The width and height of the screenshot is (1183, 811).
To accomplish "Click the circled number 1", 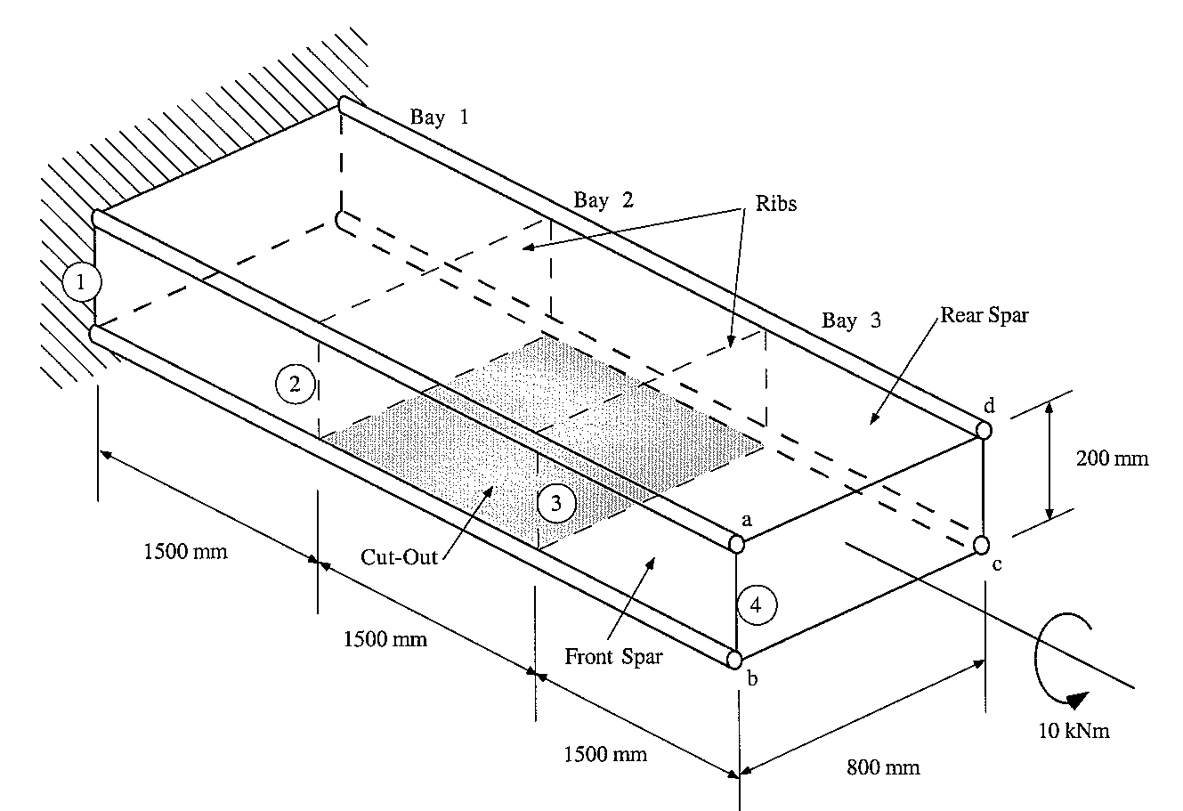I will [82, 282].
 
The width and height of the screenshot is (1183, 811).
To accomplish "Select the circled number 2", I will [295, 384].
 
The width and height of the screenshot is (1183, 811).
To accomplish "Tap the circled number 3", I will [556, 504].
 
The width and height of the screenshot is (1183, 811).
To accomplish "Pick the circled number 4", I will [756, 605].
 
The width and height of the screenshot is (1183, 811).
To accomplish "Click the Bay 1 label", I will [438, 117].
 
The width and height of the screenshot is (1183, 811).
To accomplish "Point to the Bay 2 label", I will [604, 199].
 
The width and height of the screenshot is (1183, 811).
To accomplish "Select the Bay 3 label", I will [851, 320].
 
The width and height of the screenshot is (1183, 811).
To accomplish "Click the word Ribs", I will [776, 203].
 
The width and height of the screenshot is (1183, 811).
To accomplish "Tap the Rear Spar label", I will [984, 315].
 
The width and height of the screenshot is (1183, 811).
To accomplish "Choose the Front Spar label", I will [614, 658].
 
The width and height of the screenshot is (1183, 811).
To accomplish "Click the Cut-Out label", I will [400, 557].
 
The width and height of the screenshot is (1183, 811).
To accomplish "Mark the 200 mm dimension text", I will [1113, 459].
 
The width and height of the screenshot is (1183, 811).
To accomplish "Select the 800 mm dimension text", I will [884, 766].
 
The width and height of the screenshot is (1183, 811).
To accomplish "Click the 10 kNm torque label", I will [1074, 731].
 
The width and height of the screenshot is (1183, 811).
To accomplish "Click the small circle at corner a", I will [737, 544].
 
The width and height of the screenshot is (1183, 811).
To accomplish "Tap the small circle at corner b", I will [734, 660].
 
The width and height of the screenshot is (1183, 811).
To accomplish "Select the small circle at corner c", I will [982, 544].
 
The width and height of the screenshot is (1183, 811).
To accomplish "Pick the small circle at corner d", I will [984, 430].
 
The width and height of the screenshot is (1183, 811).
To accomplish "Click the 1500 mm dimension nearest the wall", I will [185, 551].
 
